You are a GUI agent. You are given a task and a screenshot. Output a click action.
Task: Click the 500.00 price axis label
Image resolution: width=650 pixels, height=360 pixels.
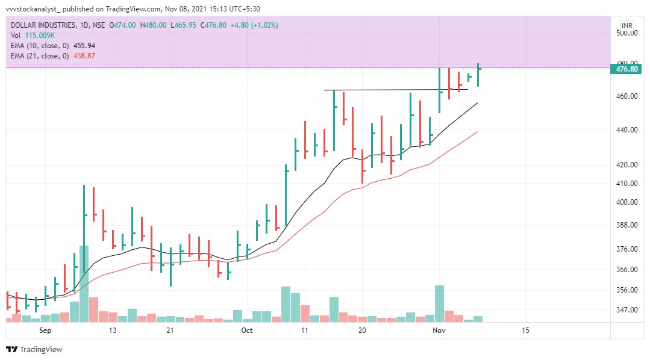(627, 33)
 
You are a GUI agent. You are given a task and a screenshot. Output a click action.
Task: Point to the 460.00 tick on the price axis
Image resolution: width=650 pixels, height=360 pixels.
(627, 96)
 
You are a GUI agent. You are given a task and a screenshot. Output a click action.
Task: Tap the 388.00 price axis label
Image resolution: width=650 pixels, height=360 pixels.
(627, 225)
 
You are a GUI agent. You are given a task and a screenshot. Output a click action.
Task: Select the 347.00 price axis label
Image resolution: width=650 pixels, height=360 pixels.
(627, 310)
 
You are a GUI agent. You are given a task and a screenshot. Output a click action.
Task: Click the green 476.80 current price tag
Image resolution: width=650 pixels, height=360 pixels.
(627, 69)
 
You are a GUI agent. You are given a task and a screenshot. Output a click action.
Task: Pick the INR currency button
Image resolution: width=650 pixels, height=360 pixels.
(627, 25)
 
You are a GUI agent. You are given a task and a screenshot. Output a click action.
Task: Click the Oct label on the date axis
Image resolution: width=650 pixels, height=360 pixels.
(247, 331)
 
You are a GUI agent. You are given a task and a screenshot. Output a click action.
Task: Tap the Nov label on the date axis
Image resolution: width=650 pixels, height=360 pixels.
(439, 331)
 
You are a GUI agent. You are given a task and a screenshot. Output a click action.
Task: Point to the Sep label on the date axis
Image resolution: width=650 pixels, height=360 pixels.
(46, 331)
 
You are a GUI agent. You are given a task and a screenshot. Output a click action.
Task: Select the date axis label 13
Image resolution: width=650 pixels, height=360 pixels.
(112, 331)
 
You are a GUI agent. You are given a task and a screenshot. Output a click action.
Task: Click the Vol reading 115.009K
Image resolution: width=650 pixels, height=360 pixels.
(39, 36)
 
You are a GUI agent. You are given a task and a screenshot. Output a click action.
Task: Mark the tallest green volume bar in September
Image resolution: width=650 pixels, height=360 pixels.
(84, 283)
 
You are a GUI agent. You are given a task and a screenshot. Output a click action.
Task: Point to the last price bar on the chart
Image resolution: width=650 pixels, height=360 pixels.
(478, 75)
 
